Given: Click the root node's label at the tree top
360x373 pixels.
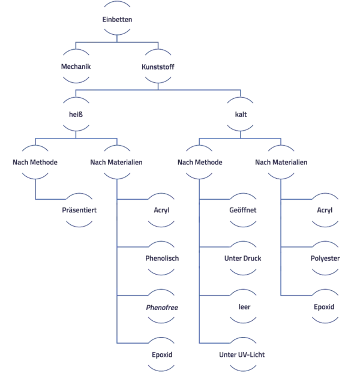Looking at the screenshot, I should point(117,19).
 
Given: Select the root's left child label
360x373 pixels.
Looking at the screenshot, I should point(74,67).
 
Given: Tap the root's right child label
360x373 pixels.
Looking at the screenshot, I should point(158,67).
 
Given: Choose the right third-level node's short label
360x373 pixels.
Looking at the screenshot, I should point(242,115).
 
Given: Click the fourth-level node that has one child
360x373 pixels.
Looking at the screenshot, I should point(34,163).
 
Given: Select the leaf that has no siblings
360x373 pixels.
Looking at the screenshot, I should point(79,211).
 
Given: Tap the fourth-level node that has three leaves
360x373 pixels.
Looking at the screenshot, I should point(280,163).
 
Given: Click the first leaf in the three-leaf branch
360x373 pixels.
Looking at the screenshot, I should point(326,211).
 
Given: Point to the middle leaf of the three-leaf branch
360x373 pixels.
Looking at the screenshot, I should point(324,259).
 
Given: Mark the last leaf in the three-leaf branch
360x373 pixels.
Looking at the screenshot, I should point(324,306).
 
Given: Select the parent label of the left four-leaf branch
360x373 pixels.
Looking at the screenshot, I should point(115,163).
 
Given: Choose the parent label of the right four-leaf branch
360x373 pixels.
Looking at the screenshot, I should point(202,163).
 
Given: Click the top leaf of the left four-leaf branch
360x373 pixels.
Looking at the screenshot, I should point(162,211).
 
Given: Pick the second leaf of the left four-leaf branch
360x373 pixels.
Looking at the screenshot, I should point(163,259).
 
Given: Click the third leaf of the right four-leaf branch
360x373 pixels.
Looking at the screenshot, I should point(242,306).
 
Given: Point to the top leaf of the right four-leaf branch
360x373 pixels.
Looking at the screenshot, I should point(242,211).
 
